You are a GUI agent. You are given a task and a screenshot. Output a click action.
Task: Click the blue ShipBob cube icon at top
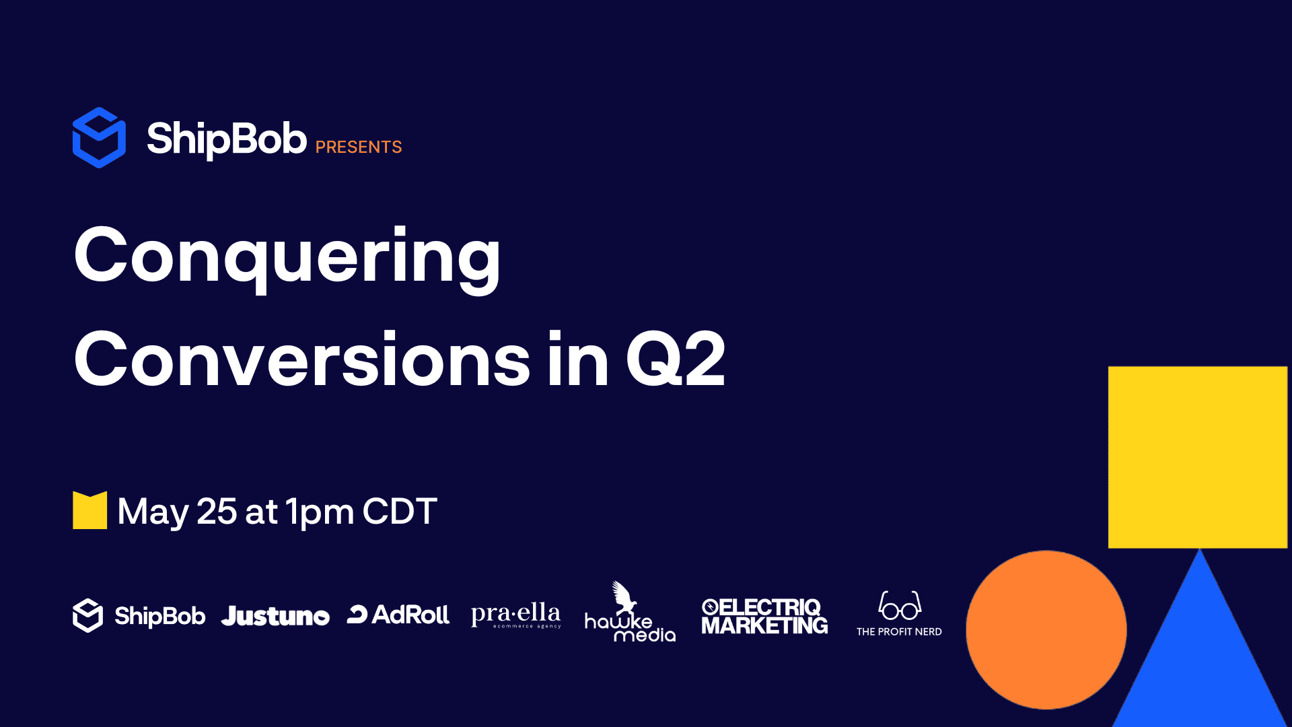99,137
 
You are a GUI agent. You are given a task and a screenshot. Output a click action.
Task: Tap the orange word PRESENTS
358,147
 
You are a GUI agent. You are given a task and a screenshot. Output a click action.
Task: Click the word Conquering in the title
287,258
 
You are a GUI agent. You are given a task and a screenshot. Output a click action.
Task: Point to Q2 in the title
676,359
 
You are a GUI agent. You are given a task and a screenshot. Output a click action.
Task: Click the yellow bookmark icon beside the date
89,510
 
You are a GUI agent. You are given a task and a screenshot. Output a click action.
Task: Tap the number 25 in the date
217,511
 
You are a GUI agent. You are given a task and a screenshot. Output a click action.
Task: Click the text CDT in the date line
400,511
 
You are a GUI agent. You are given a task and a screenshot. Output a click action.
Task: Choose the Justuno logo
275,616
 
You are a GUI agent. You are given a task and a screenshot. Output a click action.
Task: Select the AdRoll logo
398,614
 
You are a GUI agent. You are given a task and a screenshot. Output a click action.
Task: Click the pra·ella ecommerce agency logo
516,615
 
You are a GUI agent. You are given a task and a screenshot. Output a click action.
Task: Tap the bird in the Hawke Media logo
624,597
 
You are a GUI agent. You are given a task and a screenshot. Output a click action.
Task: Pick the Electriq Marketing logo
764,616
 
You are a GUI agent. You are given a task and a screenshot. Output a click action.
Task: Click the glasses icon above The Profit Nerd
900,605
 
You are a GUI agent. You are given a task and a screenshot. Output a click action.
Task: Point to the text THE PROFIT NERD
899,631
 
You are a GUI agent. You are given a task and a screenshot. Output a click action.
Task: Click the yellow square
1198,457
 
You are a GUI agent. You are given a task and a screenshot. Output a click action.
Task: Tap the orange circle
1046,630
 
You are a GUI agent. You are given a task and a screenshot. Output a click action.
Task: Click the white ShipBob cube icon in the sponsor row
87,615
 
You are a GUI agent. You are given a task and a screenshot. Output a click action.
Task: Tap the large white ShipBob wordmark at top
227,139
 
